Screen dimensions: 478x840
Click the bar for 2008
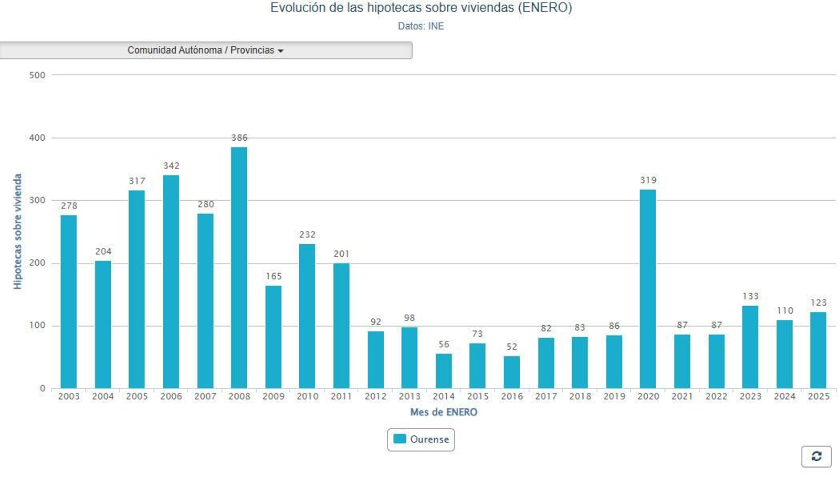[x=239, y=268]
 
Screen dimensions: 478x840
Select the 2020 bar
[x=647, y=289]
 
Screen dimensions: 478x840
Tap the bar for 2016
[x=511, y=372]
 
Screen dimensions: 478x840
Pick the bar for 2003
[x=69, y=302]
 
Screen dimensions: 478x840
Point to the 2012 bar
[x=375, y=360]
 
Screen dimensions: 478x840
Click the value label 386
[x=239, y=138]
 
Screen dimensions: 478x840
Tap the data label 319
[x=648, y=180]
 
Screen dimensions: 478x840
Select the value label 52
[x=512, y=347]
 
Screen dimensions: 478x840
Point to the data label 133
[x=750, y=296]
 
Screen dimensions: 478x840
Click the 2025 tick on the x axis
[x=818, y=397]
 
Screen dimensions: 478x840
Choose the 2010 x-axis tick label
[x=307, y=397]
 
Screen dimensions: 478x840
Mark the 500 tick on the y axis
[x=37, y=75]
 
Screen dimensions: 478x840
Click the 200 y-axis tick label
[x=37, y=263]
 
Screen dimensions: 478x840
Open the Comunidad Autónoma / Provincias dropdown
[x=206, y=50]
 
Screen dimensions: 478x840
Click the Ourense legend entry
[x=421, y=440]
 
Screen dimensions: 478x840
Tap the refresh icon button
[x=816, y=456]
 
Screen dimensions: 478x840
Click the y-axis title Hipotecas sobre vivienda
[x=18, y=231]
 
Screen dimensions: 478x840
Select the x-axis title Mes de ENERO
[x=444, y=412]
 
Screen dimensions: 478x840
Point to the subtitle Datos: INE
[x=421, y=26]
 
